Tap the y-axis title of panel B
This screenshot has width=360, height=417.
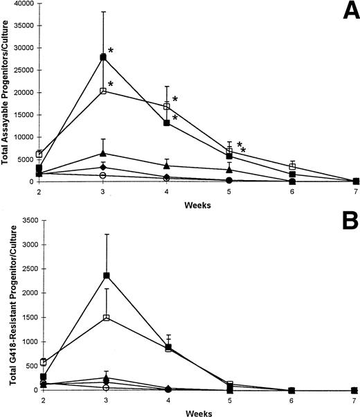click(x=6, y=306)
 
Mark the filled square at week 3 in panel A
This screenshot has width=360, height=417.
click(x=103, y=57)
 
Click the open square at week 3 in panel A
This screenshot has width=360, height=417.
click(x=103, y=91)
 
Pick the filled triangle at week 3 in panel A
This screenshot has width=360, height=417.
click(x=103, y=153)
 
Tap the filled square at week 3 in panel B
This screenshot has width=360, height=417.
click(x=107, y=276)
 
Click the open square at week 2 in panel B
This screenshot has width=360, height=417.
click(x=44, y=362)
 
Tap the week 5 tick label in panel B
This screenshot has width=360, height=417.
click(x=229, y=400)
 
